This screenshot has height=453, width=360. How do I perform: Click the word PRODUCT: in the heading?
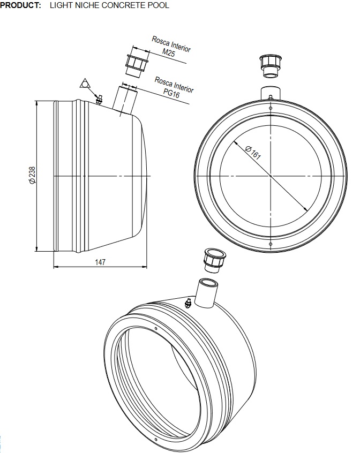[x=20, y=5]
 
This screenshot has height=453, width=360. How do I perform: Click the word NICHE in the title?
[x=85, y=5]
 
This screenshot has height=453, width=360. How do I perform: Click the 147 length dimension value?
[x=100, y=262]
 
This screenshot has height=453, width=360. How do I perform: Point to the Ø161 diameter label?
[x=253, y=153]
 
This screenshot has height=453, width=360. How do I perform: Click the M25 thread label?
[x=168, y=52]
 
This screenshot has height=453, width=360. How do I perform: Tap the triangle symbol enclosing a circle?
[x=86, y=83]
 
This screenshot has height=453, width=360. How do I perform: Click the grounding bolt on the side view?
[x=100, y=99]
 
